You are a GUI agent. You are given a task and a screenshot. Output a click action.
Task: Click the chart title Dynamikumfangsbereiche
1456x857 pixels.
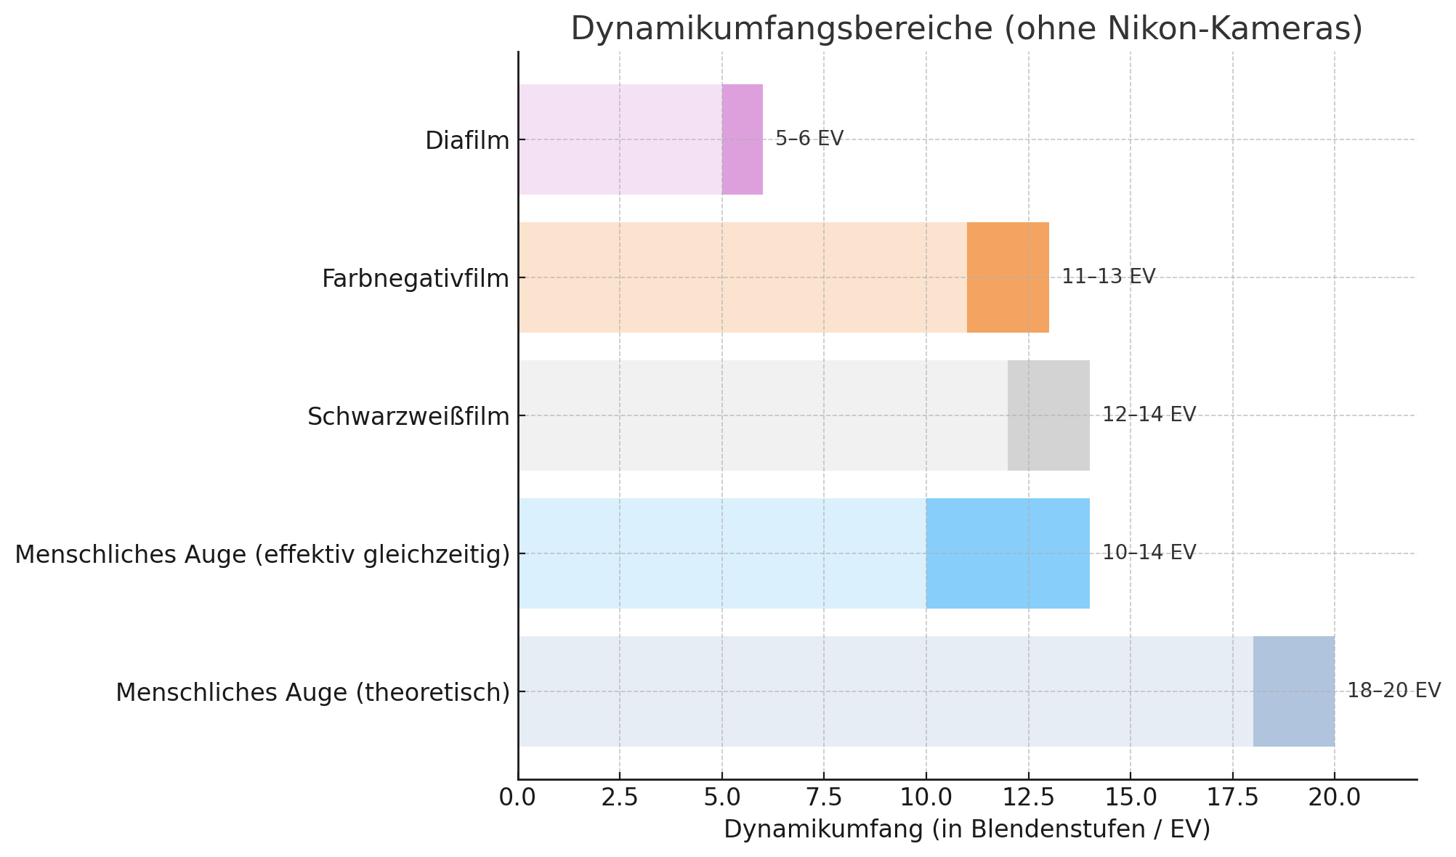click(966, 29)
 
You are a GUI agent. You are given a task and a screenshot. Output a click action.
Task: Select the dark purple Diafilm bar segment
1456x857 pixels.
click(742, 139)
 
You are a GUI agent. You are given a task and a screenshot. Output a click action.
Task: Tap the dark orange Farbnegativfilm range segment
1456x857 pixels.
click(1007, 277)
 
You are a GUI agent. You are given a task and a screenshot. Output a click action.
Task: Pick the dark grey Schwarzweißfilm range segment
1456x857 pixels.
click(1048, 415)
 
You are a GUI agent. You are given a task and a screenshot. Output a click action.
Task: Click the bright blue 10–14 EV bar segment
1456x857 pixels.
click(1007, 553)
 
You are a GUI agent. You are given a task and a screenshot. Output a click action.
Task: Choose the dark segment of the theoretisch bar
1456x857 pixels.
click(1293, 691)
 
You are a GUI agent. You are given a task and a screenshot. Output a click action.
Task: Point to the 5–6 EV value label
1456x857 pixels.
click(809, 139)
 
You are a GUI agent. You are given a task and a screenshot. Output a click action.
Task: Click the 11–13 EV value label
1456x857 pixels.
click(1108, 277)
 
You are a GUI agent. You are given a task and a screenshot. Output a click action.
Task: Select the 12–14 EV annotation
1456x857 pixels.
click(1149, 415)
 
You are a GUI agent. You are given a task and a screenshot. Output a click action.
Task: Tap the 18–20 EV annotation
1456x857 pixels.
click(1394, 691)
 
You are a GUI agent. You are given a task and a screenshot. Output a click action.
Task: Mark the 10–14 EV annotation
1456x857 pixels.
click(1149, 553)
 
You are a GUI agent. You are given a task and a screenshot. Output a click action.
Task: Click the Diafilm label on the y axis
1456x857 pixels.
click(467, 141)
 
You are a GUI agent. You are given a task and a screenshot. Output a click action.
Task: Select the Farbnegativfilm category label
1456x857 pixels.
click(416, 279)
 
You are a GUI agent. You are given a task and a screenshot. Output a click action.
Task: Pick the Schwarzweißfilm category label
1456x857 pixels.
click(408, 417)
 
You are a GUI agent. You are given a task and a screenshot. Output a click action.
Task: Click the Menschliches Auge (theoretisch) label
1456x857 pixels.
click(312, 693)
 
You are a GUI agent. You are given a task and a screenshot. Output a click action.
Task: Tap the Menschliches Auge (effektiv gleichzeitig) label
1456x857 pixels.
click(262, 555)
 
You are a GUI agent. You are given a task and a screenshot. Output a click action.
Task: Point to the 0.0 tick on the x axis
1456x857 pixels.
click(518, 797)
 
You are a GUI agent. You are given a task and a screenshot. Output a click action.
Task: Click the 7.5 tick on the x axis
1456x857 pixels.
click(824, 797)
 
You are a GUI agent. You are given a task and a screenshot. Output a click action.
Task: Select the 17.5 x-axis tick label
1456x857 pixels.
click(1232, 797)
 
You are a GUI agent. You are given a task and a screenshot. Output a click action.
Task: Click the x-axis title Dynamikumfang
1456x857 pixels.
click(966, 829)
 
